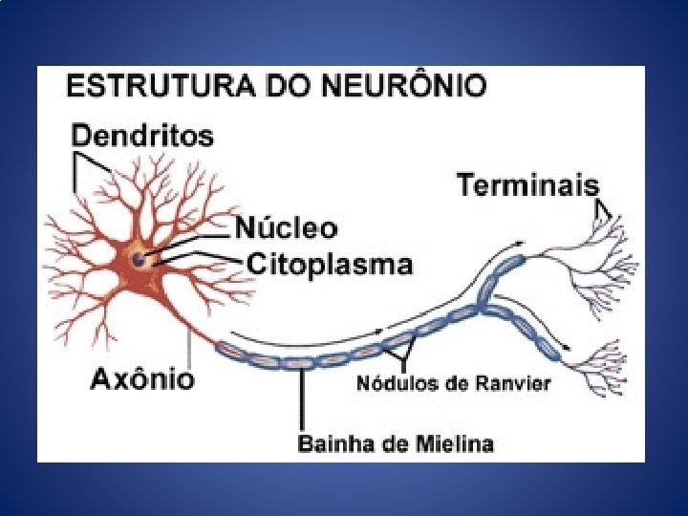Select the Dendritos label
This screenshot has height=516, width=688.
tap(143, 137)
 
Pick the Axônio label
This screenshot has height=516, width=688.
tap(142, 379)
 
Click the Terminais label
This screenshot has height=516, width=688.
tap(527, 184)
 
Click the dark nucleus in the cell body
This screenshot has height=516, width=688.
tap(140, 259)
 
